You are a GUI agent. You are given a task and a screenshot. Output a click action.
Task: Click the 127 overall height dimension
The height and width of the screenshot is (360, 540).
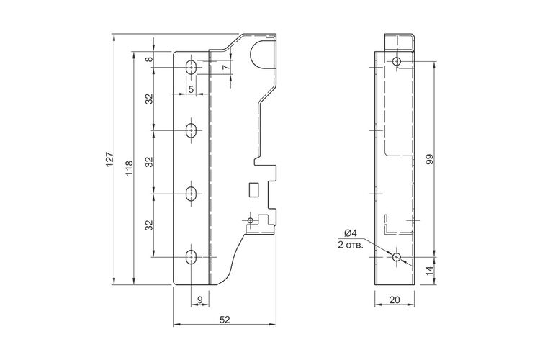tap(109, 160)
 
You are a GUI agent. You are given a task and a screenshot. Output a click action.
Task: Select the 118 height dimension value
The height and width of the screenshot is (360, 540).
tap(129, 168)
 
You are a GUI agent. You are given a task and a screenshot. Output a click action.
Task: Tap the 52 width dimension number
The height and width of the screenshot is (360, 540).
tap(224, 320)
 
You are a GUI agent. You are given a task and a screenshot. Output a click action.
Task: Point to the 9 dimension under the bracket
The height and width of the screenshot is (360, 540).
tap(200, 300)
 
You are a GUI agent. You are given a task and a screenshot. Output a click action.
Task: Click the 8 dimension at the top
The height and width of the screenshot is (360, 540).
tap(149, 59)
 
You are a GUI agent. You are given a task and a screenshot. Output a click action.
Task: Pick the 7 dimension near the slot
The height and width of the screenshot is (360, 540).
tap(225, 67)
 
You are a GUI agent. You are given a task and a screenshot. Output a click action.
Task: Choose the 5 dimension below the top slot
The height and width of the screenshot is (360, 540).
tap(191, 89)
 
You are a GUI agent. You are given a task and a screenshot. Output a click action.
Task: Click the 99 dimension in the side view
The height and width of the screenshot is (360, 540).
tap(429, 159)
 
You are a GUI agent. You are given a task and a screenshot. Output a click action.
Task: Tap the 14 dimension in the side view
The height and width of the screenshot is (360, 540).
tap(429, 271)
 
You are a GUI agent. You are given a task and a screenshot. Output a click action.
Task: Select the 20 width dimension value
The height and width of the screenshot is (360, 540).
tap(395, 300)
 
